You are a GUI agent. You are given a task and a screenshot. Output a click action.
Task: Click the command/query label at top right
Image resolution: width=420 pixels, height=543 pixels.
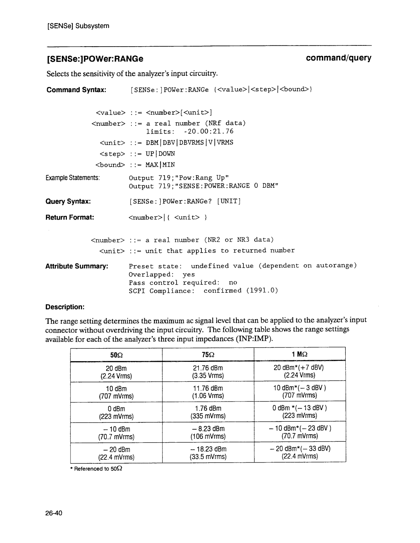(x=338, y=58)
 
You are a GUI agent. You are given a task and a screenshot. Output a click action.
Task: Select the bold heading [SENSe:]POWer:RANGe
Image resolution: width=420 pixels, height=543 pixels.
(x=95, y=59)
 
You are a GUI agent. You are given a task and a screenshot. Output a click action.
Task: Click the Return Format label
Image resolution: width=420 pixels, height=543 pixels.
(x=70, y=217)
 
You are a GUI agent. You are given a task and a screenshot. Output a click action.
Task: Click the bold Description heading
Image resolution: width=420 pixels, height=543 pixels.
(x=65, y=307)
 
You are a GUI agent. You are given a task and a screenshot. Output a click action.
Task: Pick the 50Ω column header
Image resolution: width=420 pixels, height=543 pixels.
(x=116, y=354)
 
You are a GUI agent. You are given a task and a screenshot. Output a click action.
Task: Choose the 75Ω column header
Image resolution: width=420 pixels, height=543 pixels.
(x=208, y=354)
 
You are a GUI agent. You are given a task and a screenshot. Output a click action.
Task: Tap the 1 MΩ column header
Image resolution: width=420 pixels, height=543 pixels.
(x=300, y=354)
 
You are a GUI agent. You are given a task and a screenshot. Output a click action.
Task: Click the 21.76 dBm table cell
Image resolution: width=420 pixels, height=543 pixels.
(x=208, y=368)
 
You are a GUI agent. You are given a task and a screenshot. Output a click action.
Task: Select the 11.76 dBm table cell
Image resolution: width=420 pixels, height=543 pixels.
(x=208, y=388)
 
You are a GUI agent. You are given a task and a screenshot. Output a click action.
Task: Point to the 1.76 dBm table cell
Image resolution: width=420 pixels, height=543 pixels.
(x=208, y=408)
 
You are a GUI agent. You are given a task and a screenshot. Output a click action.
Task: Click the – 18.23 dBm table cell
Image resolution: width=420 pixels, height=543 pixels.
(x=208, y=449)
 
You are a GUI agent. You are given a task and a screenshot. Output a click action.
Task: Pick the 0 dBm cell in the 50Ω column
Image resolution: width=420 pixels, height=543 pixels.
(x=116, y=409)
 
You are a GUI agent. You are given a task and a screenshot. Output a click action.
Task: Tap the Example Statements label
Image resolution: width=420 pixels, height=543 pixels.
(x=73, y=178)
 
